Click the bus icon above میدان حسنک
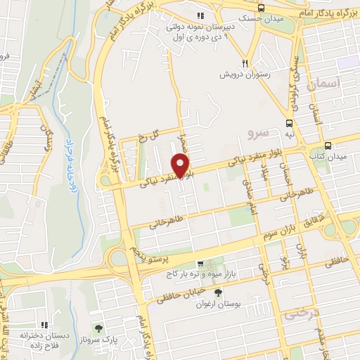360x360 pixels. click(261, 7)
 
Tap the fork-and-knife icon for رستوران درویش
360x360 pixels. click(245, 61)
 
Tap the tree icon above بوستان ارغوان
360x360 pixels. click(219, 290)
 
